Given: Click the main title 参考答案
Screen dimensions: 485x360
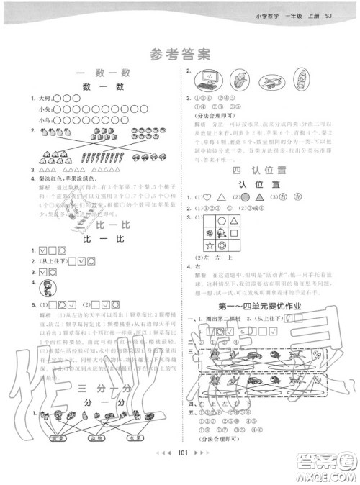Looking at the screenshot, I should click(x=180, y=53).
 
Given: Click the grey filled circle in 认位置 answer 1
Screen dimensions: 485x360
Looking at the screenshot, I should click(x=246, y=197).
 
